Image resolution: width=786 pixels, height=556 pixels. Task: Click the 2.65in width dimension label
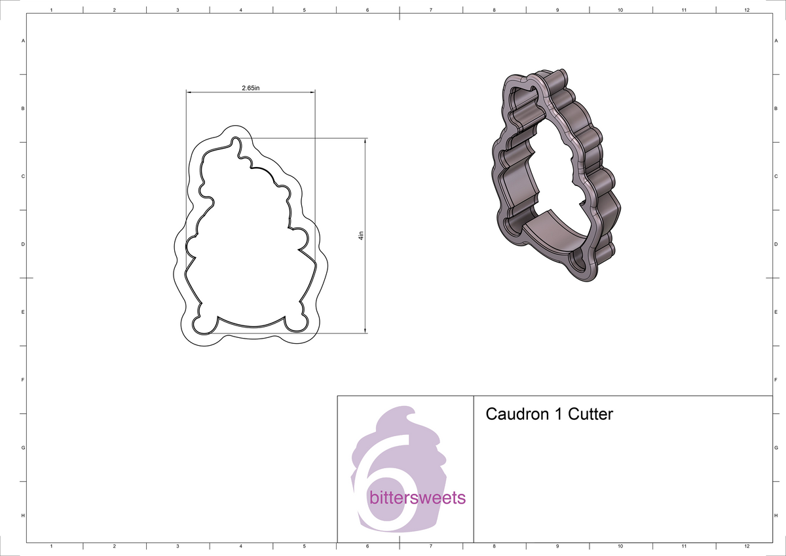click(250, 88)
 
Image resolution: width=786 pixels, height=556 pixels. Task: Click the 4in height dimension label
click(361, 236)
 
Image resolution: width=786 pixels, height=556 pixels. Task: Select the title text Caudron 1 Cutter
click(549, 414)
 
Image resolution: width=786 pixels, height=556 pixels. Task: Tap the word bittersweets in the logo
click(417, 498)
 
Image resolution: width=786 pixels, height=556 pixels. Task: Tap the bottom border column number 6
click(367, 546)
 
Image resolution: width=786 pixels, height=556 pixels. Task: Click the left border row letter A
click(24, 41)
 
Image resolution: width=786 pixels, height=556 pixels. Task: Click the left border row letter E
click(24, 312)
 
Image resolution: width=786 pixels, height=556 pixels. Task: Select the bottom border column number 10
click(620, 546)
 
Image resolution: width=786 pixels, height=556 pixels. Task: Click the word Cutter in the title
click(590, 414)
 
